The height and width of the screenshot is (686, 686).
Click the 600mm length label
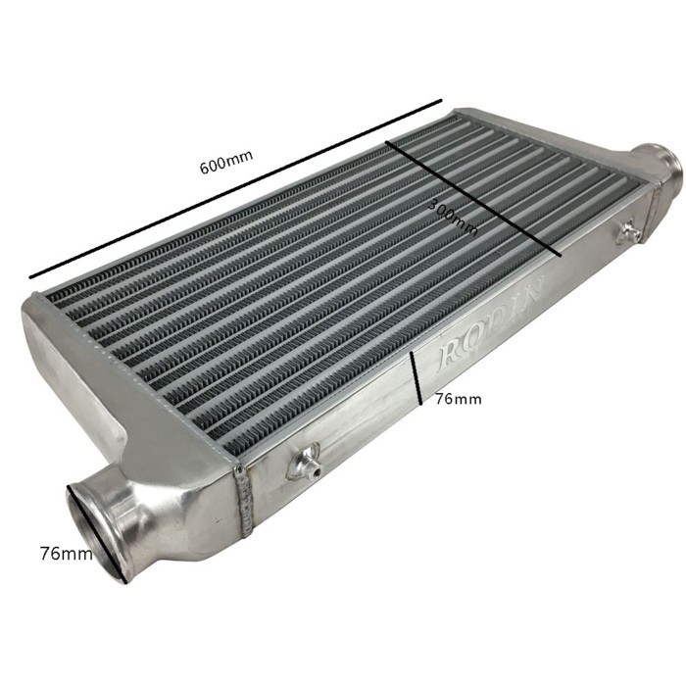(x=225, y=166)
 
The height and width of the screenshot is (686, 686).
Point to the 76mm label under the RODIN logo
(x=458, y=400)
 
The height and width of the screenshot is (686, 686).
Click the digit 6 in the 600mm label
(x=205, y=169)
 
